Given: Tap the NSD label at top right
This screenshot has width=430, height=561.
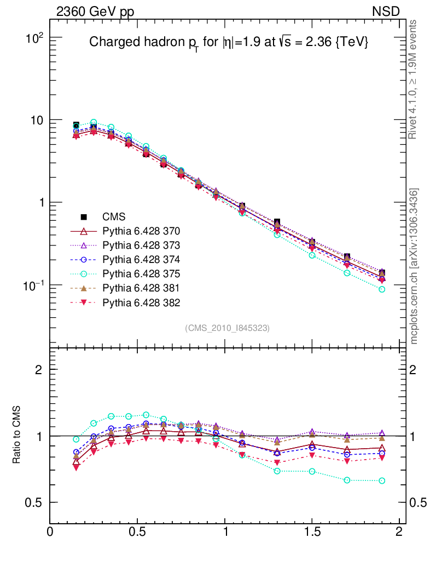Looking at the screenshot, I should [x=386, y=12].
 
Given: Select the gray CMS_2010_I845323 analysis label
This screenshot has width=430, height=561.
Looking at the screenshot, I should [x=228, y=328].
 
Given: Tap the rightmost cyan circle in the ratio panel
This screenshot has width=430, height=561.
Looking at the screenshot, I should [x=382, y=481].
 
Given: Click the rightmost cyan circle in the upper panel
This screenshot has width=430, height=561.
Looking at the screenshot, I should [x=382, y=289].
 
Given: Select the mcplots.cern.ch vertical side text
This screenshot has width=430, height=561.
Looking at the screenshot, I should [x=414, y=266].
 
